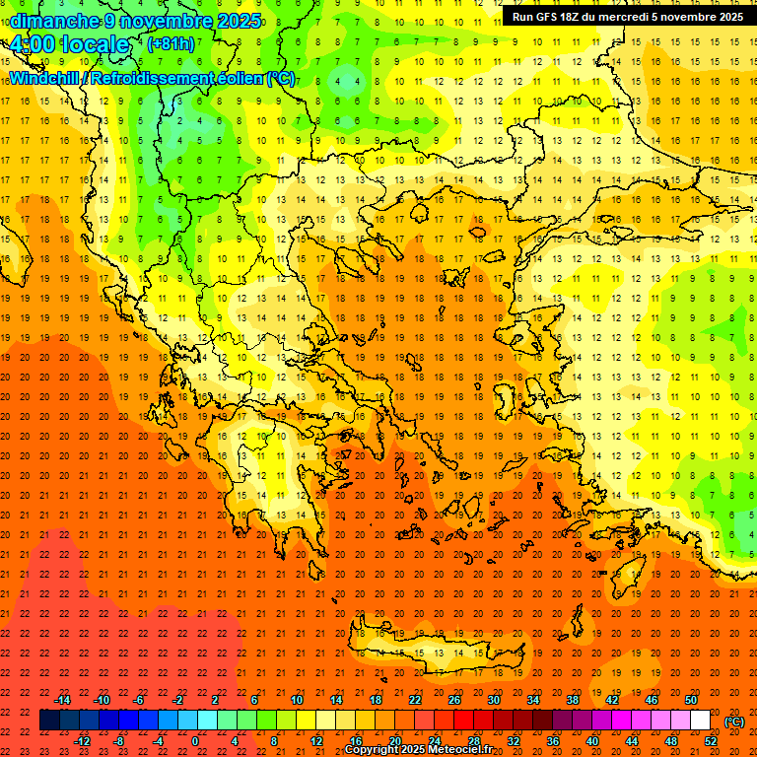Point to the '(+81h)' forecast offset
tap(171, 44)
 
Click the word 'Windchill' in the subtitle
tap(48, 79)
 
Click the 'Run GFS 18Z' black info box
tap(628, 17)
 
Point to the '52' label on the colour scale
tap(711, 741)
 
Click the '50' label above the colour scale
tap(690, 700)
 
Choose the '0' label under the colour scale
tap(195, 741)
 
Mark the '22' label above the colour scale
tap(415, 700)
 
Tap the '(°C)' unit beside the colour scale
tap(734, 722)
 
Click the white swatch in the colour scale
tap(700, 721)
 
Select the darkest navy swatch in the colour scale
tap(49, 721)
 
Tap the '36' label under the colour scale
tap(552, 741)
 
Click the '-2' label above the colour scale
tap(177, 700)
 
